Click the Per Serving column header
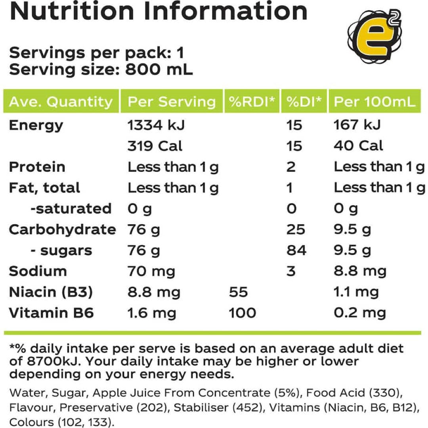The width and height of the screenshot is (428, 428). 172,102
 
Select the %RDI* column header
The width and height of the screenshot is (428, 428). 252,102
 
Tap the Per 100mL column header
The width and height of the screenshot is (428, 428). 375,102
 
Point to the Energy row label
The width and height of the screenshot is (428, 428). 36,125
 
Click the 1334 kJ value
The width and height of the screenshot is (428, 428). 156,125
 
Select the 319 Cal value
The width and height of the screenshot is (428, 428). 155,146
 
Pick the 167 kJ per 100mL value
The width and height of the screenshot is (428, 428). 357,125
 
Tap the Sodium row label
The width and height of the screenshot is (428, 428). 38,271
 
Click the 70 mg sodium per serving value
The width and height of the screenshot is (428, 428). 151,271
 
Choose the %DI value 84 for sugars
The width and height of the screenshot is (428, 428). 296,250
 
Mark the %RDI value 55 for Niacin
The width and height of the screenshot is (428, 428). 238,292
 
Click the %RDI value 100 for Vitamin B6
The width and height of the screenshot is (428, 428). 242,313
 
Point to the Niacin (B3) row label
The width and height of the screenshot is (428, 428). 51,292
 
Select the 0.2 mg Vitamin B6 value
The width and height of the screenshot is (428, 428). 359,313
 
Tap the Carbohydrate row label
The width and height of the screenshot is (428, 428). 62,229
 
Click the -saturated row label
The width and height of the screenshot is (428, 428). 71,208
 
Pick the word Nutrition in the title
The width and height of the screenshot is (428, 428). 72,12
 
